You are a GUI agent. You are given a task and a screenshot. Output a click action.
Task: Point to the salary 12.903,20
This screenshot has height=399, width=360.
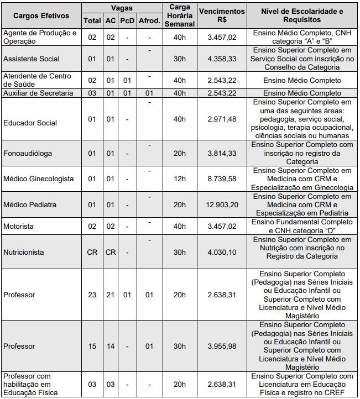pos(221,204)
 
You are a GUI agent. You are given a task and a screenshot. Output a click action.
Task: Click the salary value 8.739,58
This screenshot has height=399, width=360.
pos(221,179)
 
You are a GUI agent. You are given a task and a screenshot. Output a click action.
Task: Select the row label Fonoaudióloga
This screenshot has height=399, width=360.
pos(28,153)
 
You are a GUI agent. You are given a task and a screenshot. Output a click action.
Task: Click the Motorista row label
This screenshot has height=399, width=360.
pos(19,226)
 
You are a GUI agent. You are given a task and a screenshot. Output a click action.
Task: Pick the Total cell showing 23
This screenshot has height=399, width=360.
pos(92,295)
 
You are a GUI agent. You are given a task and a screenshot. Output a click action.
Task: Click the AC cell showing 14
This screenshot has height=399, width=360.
pos(111,347)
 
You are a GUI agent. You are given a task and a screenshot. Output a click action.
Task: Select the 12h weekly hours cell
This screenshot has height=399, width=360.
pos(180,179)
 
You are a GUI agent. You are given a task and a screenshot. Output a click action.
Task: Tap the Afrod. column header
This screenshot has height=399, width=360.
pos(149,21)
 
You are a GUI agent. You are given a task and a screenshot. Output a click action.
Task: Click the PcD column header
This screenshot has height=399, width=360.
pos(128,21)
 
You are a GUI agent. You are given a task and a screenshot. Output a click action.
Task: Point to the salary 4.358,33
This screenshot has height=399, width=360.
pos(221,59)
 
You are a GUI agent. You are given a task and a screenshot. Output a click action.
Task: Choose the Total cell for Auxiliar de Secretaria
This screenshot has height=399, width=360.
pos(92,93)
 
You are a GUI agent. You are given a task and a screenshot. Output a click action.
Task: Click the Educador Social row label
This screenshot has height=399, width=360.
pos(30,123)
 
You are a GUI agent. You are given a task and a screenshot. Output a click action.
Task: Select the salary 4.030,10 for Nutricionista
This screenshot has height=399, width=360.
pos(221,252)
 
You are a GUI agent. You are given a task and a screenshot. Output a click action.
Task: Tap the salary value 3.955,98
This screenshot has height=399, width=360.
pos(221,347)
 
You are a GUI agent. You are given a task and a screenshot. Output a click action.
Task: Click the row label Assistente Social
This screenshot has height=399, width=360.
pos(32,59)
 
